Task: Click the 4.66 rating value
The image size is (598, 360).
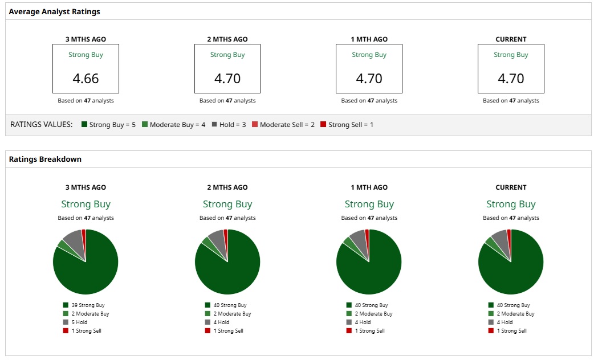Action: pos(86,79)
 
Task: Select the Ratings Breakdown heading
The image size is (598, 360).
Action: pos(45,159)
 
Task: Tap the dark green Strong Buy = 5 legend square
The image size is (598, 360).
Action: pos(84,125)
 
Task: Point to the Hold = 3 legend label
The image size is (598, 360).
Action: pos(233,125)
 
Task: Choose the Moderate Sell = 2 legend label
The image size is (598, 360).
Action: pos(287,125)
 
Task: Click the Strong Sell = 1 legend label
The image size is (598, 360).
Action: pos(351,125)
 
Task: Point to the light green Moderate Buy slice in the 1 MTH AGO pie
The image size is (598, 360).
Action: pos(348,242)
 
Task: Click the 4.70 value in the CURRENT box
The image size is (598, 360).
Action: pos(511,79)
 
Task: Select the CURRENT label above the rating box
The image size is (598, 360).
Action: pos(511,39)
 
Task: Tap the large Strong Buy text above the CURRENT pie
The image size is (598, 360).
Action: pos(511,204)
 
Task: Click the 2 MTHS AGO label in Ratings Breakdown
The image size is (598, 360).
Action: pos(227,187)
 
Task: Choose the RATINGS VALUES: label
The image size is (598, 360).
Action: pos(42,125)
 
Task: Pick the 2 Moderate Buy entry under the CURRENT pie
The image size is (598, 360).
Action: pos(515,314)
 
